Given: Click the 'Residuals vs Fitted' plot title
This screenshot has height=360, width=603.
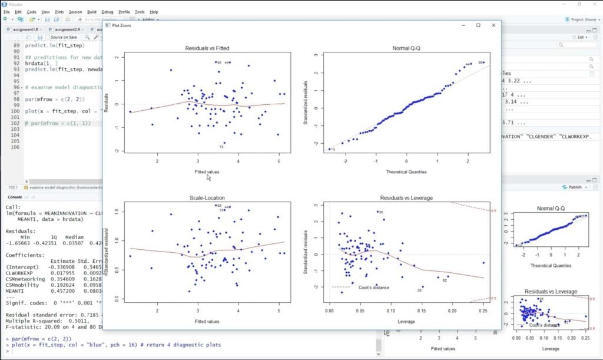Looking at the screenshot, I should tap(199, 48).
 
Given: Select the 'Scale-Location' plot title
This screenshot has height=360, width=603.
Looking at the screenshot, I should tap(199, 198).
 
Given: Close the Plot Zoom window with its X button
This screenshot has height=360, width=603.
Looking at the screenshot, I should tap(494, 25).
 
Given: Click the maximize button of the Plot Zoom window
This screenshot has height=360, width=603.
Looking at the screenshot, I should tap(478, 25).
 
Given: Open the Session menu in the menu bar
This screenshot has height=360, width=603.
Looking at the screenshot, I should tap(75, 12).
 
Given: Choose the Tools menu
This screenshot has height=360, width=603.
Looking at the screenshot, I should tap(140, 12).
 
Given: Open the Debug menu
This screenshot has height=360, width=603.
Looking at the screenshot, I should tap(107, 12).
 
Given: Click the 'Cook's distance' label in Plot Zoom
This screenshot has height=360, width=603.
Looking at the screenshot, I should tap(373, 288).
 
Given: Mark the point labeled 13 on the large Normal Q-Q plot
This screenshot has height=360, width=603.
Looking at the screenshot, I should tap(329, 150).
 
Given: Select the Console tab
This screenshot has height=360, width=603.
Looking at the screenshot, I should tap(15, 197).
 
